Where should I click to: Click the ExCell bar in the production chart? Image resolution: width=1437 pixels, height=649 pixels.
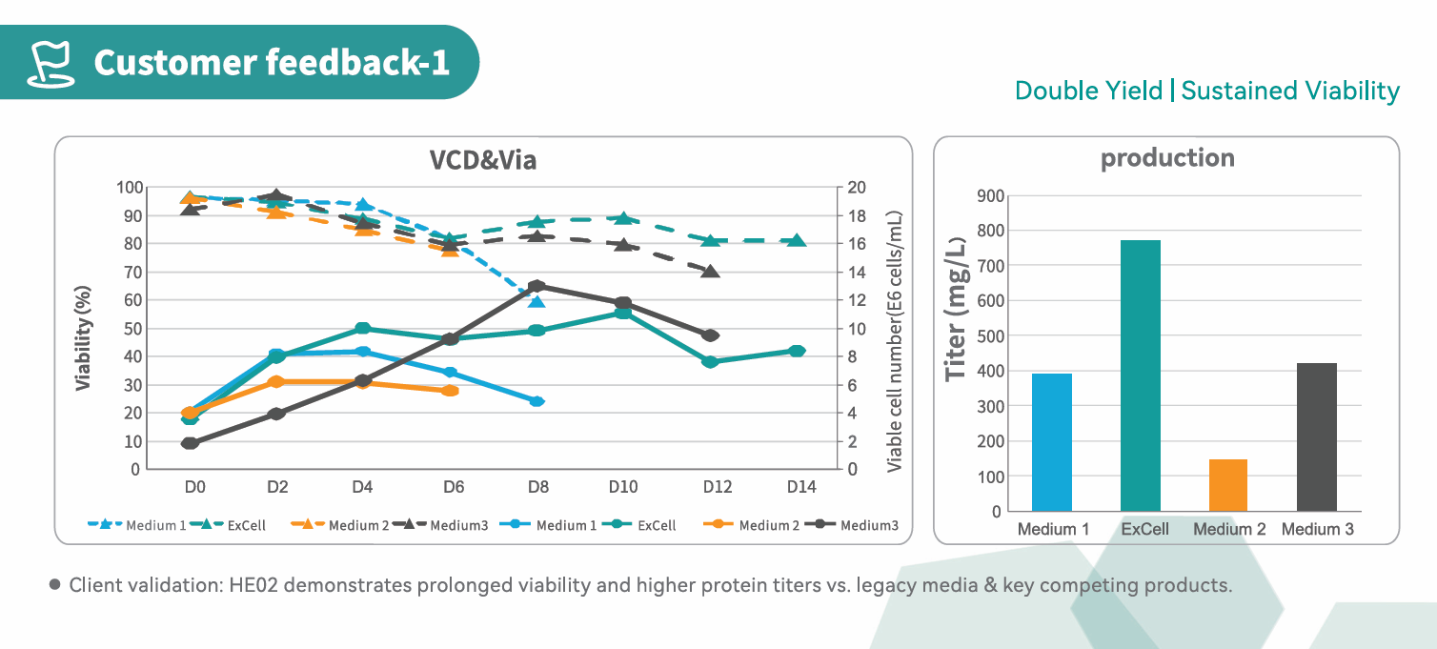coord(1140,375)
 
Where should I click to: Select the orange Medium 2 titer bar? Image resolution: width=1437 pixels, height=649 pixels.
coord(1228,485)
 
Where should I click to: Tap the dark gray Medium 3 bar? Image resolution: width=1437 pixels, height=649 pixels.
coord(1317,437)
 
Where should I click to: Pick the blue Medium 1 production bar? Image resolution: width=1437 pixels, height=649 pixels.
coord(1052,442)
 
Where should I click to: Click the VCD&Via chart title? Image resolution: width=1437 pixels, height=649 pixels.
coord(483,160)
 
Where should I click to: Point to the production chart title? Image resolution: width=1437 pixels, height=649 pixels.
coord(1167,157)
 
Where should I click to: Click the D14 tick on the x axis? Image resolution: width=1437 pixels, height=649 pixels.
coord(801,487)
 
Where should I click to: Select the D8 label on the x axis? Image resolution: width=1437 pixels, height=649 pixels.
coord(537,487)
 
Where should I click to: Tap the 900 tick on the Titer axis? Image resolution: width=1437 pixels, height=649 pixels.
coord(989,195)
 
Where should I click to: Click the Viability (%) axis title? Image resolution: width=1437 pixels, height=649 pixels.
coord(84,337)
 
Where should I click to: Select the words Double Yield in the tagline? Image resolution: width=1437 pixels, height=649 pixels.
coord(1088,91)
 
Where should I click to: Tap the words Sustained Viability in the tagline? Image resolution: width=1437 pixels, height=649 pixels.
coord(1290,91)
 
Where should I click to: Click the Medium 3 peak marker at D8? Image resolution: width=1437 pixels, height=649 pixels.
coord(537,286)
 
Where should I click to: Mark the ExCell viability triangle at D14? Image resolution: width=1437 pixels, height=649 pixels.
coord(799,240)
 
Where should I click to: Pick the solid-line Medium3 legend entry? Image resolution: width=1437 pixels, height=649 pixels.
coord(852,525)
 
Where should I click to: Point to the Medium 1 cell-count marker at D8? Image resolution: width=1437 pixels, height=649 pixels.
coord(536,401)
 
